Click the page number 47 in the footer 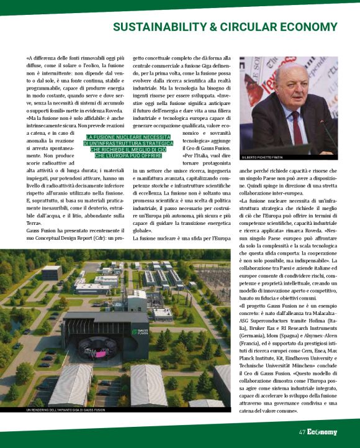(302, 432)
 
